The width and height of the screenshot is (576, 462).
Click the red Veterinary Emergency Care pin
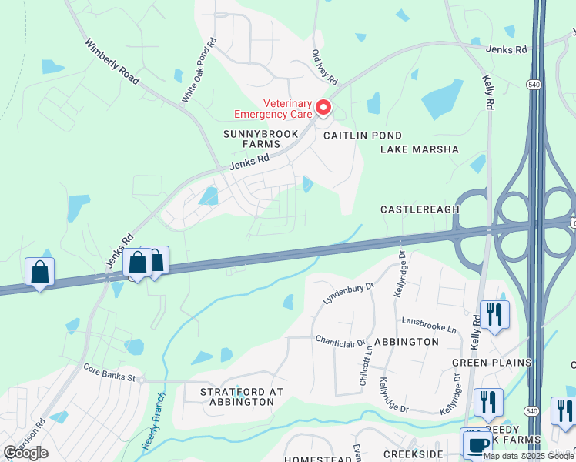pos(323,109)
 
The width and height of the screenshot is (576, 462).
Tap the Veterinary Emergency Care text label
pos(276,109)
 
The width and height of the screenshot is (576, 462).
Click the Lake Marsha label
pos(419,149)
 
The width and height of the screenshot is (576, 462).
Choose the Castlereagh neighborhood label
pos(420,209)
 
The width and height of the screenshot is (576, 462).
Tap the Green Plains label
pos(491,363)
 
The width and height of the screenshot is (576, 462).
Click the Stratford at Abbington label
pos(242,397)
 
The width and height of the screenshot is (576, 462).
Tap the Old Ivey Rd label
pos(324,68)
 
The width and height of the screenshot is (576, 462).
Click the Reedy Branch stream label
pos(153,421)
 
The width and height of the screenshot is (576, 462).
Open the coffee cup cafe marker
pos(477,444)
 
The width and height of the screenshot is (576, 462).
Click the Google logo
pos(25,453)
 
